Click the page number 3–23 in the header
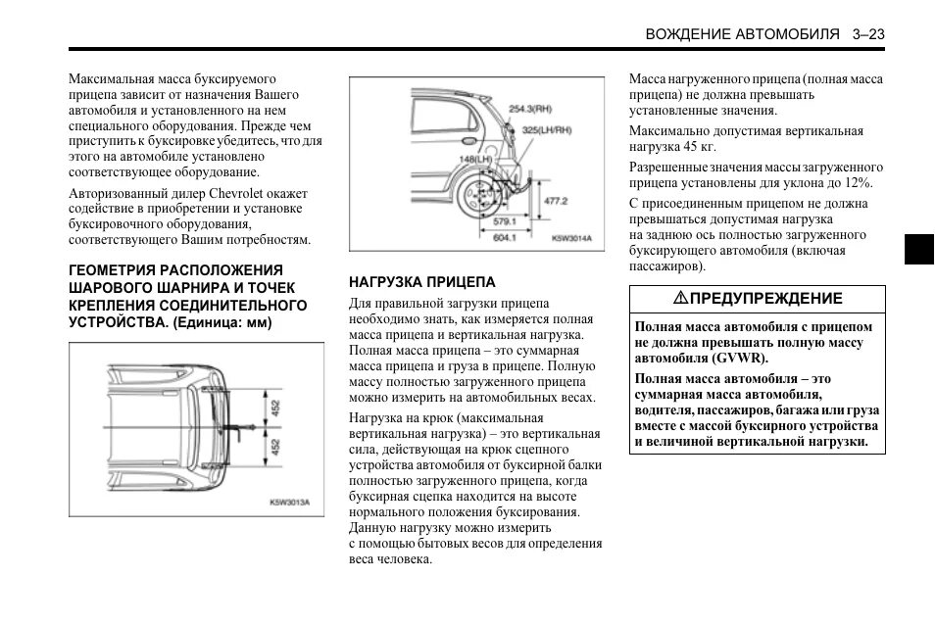[868, 34]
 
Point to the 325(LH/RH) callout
[547, 129]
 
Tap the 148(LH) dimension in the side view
[476, 159]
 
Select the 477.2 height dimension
[556, 201]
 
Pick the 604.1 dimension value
[506, 238]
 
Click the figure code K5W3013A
[289, 503]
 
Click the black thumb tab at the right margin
[919, 250]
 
